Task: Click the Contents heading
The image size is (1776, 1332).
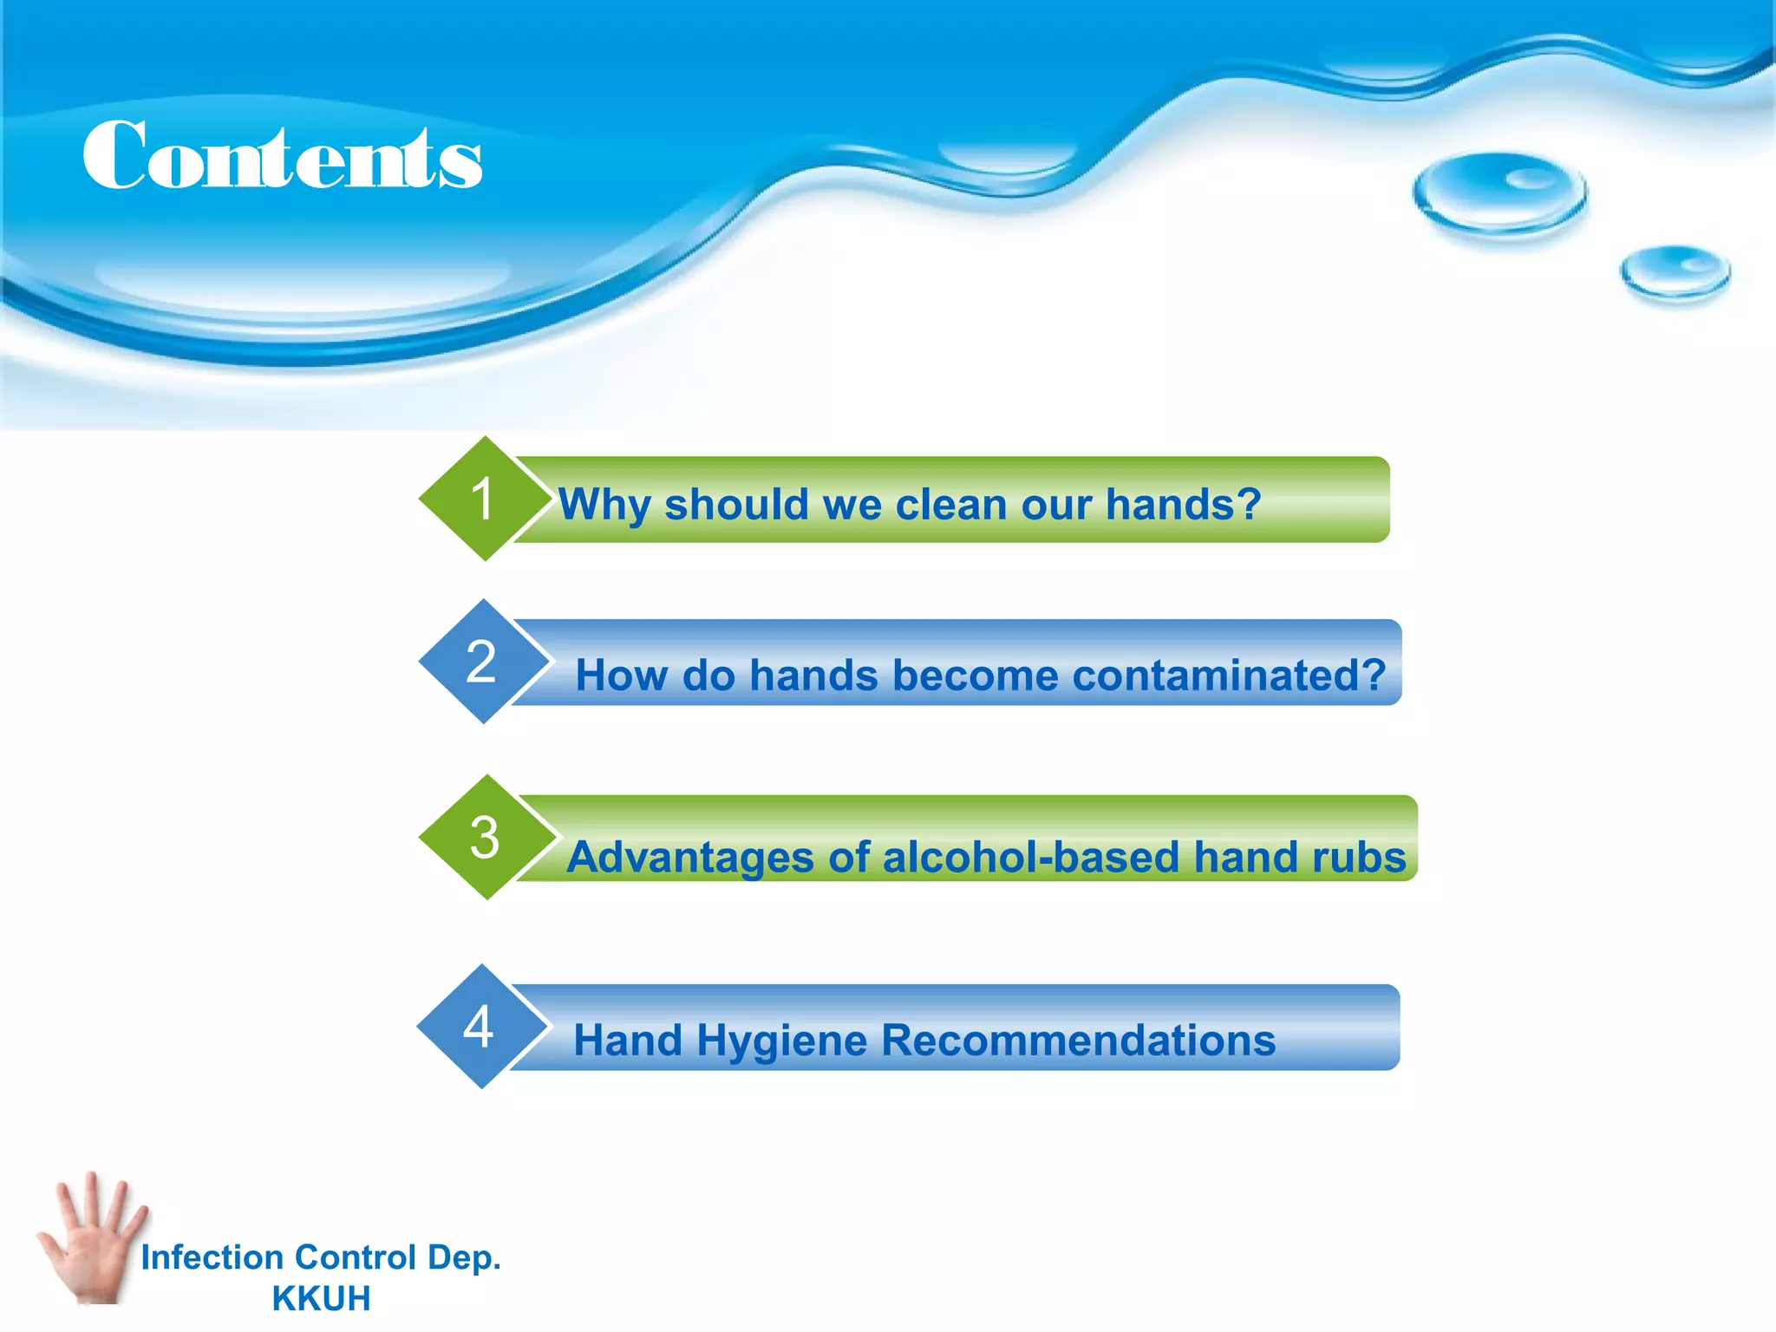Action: [283, 156]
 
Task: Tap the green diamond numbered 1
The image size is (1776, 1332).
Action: [484, 499]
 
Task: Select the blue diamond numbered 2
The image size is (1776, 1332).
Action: [483, 662]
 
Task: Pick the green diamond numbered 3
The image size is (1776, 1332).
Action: [485, 837]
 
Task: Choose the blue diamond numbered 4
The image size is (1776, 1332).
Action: [481, 1027]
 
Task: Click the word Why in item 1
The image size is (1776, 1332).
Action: [604, 505]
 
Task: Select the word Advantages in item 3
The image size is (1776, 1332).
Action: [690, 858]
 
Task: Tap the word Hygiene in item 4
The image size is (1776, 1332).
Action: [780, 1041]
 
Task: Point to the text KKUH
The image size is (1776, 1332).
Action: [321, 1298]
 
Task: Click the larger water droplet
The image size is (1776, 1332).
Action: [1499, 193]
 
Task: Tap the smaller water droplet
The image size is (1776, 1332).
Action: [1675, 273]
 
